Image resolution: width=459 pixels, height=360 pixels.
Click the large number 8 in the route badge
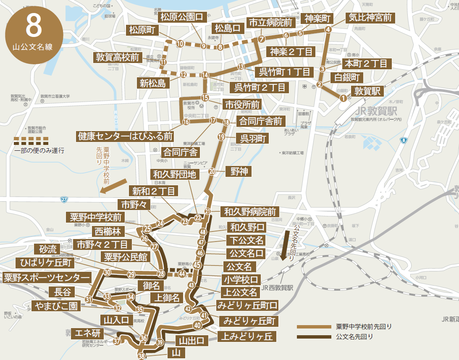[x=34, y=26]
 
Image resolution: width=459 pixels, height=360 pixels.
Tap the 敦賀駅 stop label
[x=367, y=91]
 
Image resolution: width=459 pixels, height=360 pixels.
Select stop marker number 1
[x=344, y=98]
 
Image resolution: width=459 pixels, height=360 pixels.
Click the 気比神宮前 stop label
[x=370, y=18]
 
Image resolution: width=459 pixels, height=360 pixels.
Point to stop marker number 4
[x=328, y=29]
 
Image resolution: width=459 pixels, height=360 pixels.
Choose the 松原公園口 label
[x=181, y=17]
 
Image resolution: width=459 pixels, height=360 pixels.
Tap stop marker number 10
[x=180, y=43]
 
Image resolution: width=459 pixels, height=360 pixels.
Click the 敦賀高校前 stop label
[x=118, y=58]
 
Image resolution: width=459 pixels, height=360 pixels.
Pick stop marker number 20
[x=212, y=171]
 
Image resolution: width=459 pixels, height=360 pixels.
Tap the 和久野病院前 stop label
[x=250, y=211]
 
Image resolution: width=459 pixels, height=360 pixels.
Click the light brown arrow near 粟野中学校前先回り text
[x=114, y=186]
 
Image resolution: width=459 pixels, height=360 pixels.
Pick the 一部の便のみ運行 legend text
[x=39, y=150]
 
